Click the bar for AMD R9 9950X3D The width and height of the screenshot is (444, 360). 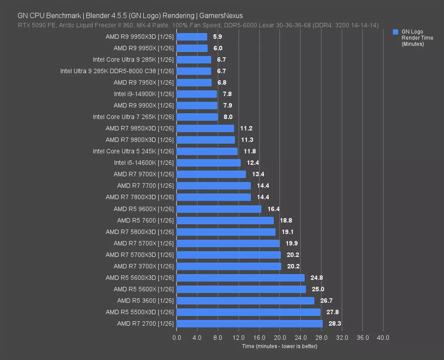pos(192,37)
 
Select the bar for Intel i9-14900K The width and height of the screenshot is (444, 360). pos(197,94)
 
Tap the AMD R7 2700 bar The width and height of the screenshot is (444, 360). pos(249,324)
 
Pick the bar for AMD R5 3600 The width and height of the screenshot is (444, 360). pos(245,300)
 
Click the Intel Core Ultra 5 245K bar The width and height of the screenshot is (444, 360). pos(207,152)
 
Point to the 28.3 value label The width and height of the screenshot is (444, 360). pos(335,324)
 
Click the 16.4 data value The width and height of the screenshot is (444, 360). pos(273,209)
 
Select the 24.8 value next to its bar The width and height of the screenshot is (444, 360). pos(317,278)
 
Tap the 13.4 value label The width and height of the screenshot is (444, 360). pos(258,174)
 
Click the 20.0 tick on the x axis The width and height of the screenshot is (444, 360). pos(279,338)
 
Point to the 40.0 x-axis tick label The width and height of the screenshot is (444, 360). pos(383,338)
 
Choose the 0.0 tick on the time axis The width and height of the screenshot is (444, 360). pos(177,338)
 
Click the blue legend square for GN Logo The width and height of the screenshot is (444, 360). pos(396,32)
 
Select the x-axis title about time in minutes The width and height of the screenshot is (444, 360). pos(279,346)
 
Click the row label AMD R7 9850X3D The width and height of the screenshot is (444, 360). pos(139,128)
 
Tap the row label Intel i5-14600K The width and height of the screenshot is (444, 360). pos(144,163)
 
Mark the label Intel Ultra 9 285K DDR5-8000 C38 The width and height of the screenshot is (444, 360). pos(117,71)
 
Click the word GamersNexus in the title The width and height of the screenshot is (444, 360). pos(221,16)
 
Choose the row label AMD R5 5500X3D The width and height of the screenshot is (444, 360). pos(139,312)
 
